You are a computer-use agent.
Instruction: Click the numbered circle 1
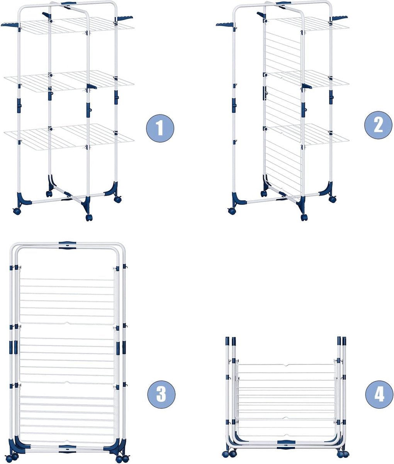coord(160,128)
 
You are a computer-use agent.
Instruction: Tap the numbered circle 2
coord(378,125)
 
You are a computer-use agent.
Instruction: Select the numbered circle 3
coord(161,394)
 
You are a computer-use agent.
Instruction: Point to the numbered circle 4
coord(379,394)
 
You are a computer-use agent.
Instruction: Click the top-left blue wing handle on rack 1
coord(11,24)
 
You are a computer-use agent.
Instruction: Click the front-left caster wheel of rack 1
coord(17,211)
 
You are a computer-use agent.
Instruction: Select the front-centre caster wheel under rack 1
coord(89,217)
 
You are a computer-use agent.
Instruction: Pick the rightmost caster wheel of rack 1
coord(118,199)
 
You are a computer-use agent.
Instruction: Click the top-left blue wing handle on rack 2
coord(226,24)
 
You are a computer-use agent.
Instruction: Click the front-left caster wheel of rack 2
coord(232,211)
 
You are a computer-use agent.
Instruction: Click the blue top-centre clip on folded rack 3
coord(67,245)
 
